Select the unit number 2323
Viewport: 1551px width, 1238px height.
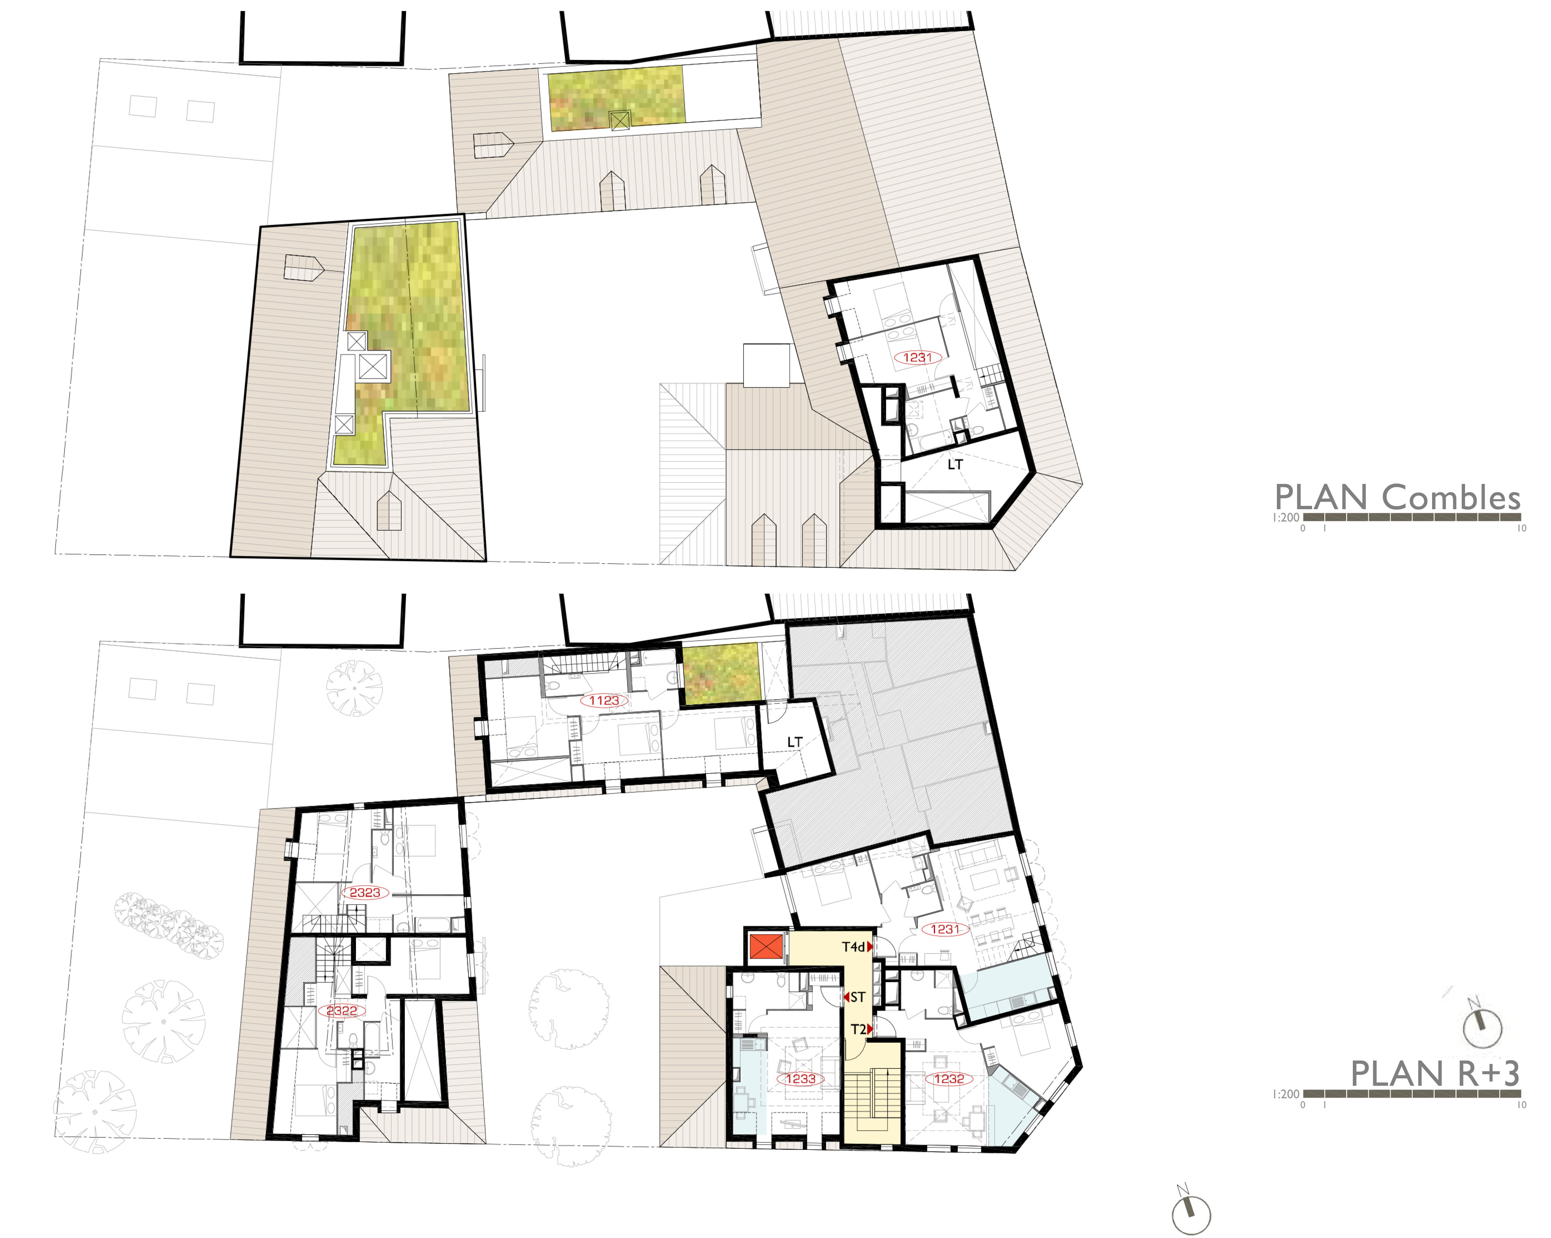coord(365,893)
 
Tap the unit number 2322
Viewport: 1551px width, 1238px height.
coord(342,1011)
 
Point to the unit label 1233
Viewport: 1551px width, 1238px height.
coord(801,1079)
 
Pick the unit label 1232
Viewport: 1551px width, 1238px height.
coord(949,1079)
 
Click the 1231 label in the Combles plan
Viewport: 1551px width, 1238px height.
coord(917,357)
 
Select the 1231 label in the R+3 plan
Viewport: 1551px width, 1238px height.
coord(945,930)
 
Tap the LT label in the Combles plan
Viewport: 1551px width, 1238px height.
coord(955,465)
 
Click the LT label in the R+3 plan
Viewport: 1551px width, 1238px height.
coord(794,742)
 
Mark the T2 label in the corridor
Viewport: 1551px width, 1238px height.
coord(858,1030)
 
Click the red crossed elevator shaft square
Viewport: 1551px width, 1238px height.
coord(765,947)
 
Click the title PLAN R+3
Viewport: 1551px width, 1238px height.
coord(1435,1074)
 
